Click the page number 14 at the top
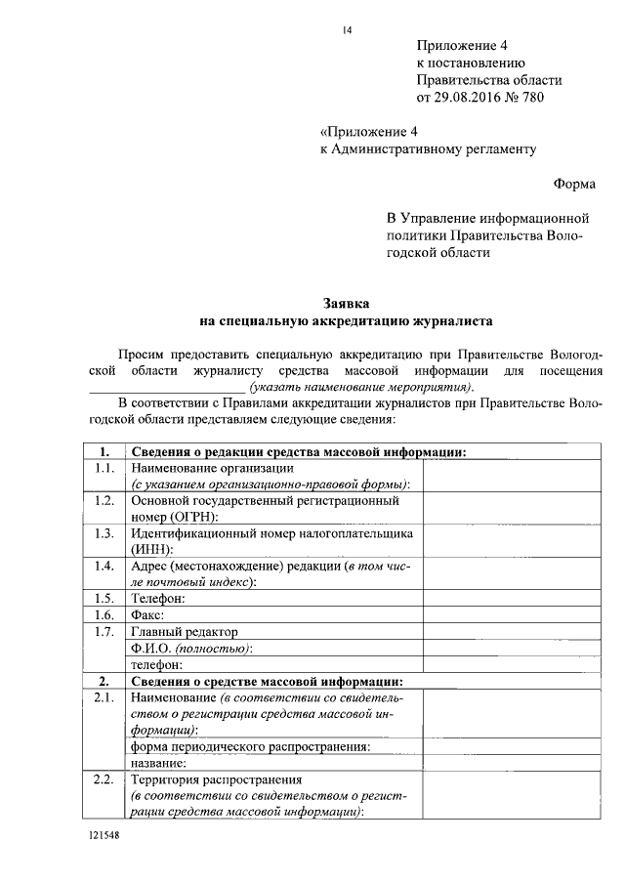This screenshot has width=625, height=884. (x=346, y=29)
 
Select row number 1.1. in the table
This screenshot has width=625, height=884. (x=101, y=468)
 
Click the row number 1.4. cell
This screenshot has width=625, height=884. (x=101, y=566)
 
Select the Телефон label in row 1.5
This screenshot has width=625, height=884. (x=158, y=599)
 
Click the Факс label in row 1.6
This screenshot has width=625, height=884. (x=148, y=615)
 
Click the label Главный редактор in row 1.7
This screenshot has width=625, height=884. (x=184, y=632)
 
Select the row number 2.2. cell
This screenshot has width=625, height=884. (x=101, y=779)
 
